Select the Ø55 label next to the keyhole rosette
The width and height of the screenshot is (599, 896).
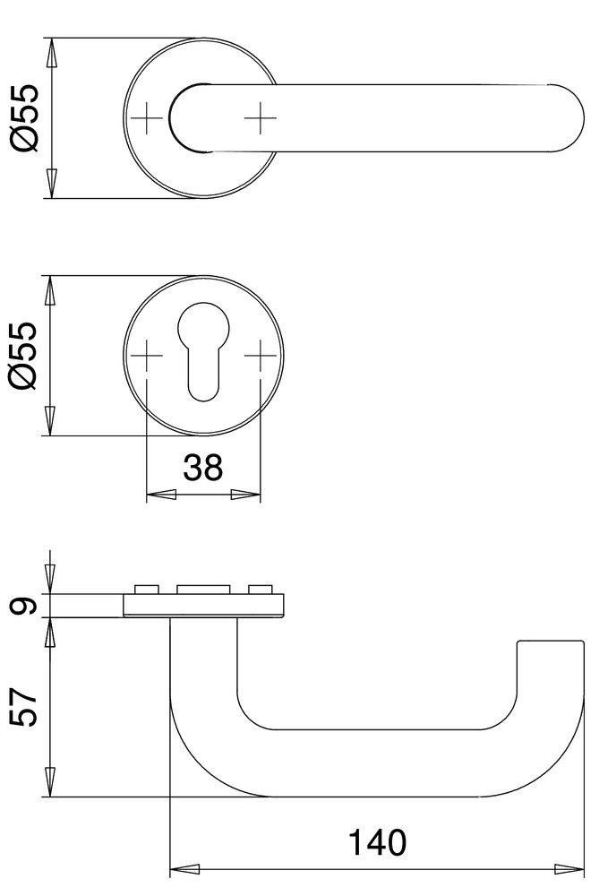(25, 356)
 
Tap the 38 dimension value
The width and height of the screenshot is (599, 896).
(202, 467)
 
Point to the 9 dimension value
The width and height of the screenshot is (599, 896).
(26, 607)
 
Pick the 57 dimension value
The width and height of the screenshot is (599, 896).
(26, 707)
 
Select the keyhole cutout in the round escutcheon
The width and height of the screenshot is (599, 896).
(202, 349)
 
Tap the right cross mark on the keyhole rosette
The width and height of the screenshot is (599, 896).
(260, 356)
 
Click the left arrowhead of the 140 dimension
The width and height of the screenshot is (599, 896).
(184, 868)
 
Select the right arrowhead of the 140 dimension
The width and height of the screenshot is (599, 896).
(569, 868)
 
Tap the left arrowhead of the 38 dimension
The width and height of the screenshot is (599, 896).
(159, 495)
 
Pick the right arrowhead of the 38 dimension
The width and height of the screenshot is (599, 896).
(246, 495)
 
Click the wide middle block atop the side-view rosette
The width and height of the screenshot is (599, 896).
(202, 590)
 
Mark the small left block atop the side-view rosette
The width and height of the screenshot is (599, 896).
(146, 590)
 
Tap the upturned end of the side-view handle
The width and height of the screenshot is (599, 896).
(550, 663)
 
